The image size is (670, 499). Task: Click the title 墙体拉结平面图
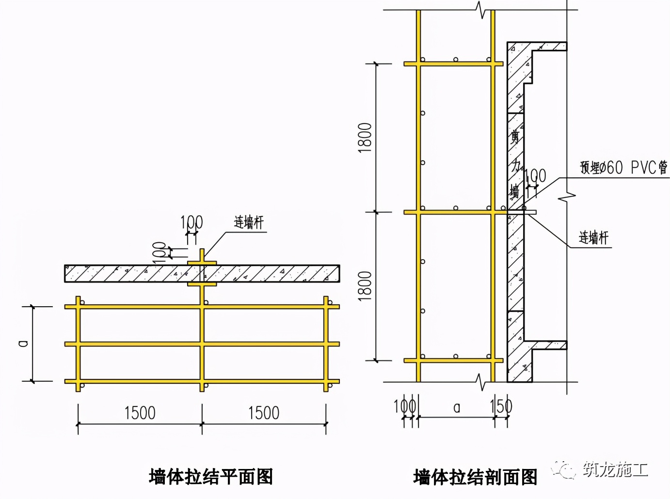coord(211,477)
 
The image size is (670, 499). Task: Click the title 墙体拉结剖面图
coord(475,477)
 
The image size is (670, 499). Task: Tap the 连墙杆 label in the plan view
coord(249,223)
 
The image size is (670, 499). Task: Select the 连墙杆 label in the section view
coord(593,237)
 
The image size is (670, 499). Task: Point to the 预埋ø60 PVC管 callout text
coord(624,168)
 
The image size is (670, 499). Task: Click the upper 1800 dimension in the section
coord(365,138)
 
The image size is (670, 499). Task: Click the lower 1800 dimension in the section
coord(365,286)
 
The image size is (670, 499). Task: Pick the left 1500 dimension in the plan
coord(140,413)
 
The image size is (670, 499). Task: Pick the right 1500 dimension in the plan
coord(264,413)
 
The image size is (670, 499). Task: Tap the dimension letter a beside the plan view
coord(23,343)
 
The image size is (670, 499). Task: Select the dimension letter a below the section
coord(456,408)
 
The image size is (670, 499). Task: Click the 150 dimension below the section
coord(501,406)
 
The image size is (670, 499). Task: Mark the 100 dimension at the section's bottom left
coord(404,406)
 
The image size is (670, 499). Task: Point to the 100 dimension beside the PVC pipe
coord(535,176)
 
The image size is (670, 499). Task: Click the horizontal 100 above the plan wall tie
coord(191,222)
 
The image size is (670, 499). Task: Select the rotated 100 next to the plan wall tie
coord(160,252)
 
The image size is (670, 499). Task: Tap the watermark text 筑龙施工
coord(615,469)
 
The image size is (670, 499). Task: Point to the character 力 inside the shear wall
coord(516,166)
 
